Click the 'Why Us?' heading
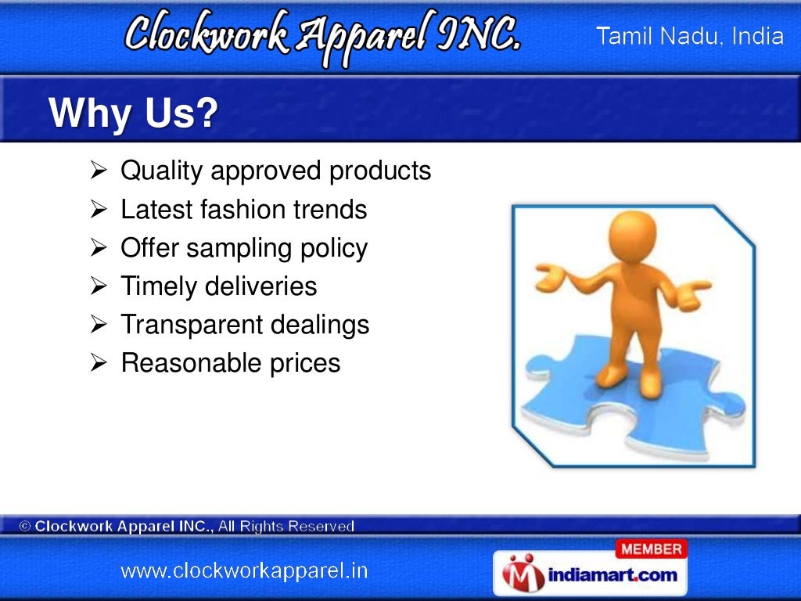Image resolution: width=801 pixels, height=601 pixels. [133, 115]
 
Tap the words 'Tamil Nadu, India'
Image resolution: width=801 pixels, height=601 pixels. [690, 37]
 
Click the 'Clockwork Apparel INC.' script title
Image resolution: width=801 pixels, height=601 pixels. [321, 35]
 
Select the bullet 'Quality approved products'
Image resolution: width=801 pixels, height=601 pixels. [275, 171]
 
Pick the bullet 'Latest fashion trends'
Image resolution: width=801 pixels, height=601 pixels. [243, 210]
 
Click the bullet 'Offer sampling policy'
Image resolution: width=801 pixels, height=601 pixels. [243, 248]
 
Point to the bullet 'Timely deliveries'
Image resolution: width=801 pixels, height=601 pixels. [218, 286]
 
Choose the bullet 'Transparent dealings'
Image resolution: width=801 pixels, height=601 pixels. [245, 325]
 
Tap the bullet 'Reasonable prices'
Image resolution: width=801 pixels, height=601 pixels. [231, 363]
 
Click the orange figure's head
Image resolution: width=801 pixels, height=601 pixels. [633, 235]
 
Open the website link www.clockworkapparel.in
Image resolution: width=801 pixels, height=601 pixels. [243, 570]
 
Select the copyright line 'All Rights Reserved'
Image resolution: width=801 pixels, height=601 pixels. [286, 527]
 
